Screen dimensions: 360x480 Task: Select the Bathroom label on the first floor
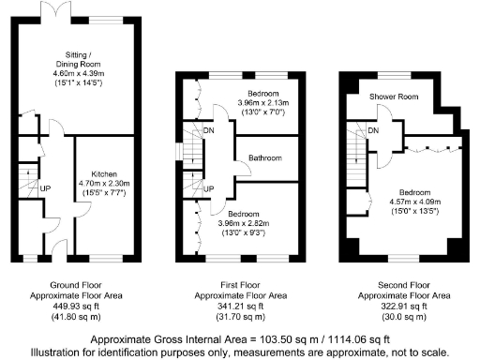pos(264,158)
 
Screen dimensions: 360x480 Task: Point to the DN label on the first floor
pos(209,130)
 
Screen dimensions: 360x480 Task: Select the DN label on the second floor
pos(373,130)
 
